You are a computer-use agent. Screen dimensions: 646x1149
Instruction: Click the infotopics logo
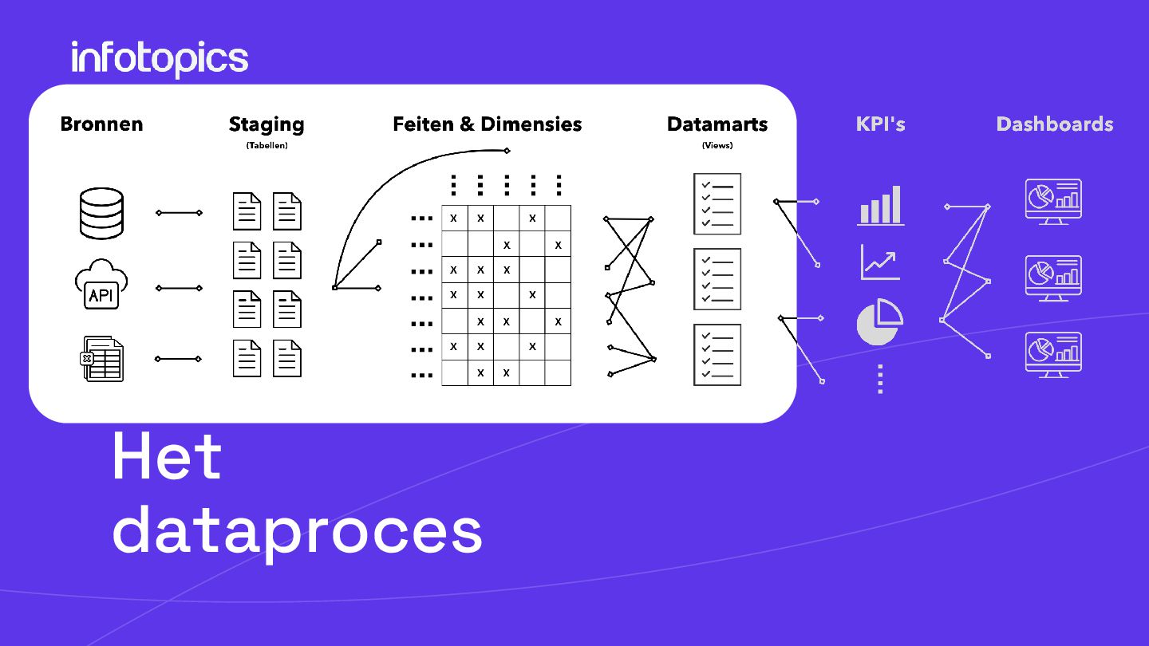click(x=160, y=59)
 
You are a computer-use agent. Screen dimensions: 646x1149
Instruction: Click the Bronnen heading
click(x=101, y=124)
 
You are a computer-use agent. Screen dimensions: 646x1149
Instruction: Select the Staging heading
click(x=267, y=124)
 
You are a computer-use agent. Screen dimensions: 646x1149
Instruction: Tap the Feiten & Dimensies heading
click(x=487, y=124)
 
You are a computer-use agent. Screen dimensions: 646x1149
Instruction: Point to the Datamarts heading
click(x=717, y=124)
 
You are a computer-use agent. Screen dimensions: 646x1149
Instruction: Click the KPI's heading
click(x=880, y=124)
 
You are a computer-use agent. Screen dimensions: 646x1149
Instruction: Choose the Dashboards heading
click(x=1054, y=124)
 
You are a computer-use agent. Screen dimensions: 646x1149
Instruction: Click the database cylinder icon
click(x=101, y=213)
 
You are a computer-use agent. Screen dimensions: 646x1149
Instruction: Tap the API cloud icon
click(x=101, y=286)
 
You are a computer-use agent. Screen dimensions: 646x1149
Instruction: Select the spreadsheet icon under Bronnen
click(x=103, y=359)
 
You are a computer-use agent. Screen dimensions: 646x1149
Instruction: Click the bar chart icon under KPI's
click(x=880, y=206)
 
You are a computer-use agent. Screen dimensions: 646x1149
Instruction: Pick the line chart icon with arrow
click(x=880, y=262)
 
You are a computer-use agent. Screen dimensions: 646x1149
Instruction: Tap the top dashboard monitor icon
click(x=1053, y=201)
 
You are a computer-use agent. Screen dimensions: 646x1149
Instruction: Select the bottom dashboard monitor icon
click(x=1053, y=354)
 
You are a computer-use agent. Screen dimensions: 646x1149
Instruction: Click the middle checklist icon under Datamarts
click(x=717, y=279)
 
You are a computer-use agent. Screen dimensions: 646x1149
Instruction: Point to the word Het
click(x=167, y=456)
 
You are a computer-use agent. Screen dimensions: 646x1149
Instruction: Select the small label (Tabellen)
click(x=267, y=146)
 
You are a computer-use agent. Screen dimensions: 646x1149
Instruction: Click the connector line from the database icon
click(x=179, y=213)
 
